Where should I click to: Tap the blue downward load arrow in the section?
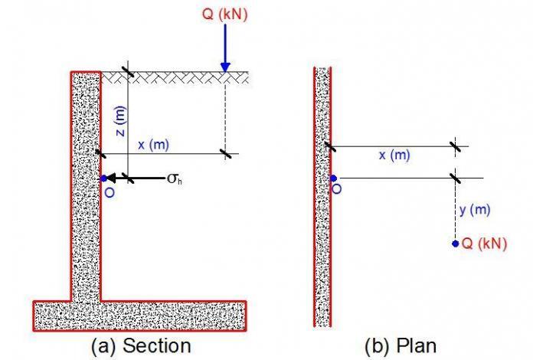click(x=224, y=49)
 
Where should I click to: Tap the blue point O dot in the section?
click(x=103, y=178)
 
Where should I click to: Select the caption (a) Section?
click(x=141, y=345)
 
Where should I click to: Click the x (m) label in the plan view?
click(x=394, y=155)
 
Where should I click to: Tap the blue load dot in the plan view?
click(x=456, y=244)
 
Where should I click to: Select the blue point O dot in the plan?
click(x=333, y=178)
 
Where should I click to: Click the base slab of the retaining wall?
click(x=139, y=313)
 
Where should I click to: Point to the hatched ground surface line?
click(x=176, y=77)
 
